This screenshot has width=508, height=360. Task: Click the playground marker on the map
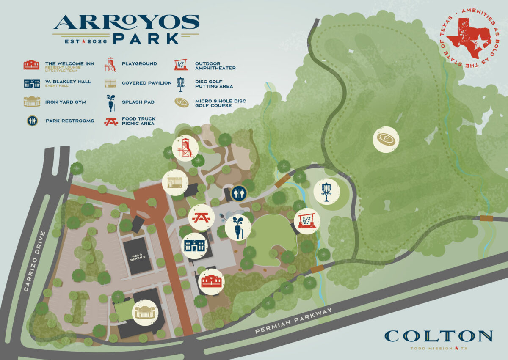[x=185, y=147]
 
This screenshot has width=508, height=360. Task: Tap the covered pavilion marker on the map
[x=175, y=182]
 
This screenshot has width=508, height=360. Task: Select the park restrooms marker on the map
[x=239, y=193]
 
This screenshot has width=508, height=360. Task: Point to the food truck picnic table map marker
[x=201, y=217]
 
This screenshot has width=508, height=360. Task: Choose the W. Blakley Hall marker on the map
[x=194, y=245]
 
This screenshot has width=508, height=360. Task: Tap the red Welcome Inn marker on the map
[x=211, y=281]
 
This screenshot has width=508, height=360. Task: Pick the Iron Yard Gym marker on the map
[x=146, y=313]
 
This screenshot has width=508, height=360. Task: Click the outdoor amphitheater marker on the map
[x=307, y=221]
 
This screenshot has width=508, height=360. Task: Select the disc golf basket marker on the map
[x=326, y=191]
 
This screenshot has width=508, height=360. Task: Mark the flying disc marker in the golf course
[x=386, y=139]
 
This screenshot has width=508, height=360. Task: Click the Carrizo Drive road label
[x=34, y=261]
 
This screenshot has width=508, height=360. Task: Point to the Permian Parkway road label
[x=293, y=321]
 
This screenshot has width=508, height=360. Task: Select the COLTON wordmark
[x=438, y=336]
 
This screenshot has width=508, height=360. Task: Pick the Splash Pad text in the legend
[x=138, y=102]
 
